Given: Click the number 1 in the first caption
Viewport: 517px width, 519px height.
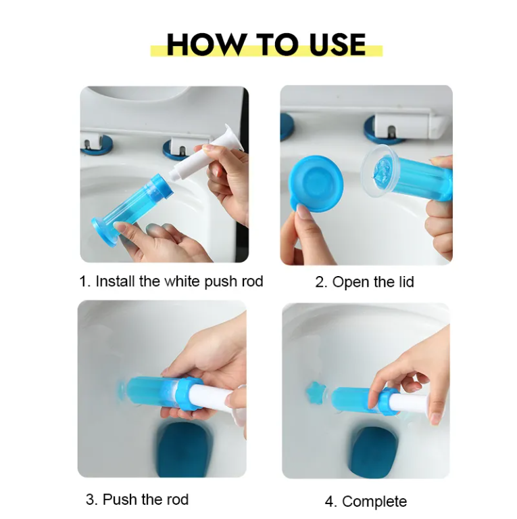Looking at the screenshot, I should coord(83,281).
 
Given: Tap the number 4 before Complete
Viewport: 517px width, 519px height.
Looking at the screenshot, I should coord(330,501).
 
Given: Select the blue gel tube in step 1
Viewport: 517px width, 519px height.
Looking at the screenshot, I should coord(135,203).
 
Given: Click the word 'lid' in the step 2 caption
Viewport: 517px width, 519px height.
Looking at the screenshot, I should coord(403,281).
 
